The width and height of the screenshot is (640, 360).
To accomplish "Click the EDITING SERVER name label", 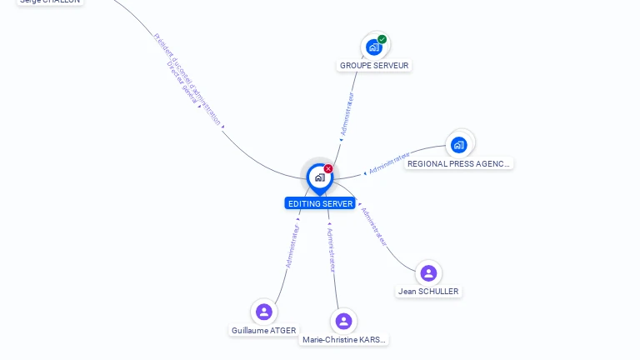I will pos(320,203).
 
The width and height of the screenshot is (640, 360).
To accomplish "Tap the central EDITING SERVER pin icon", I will pos(319,177).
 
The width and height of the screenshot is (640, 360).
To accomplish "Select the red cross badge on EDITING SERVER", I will pos(328,169).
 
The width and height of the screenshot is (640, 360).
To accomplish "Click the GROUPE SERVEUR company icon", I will pos(374,47).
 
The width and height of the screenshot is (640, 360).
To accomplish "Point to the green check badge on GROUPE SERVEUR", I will pos(382,39).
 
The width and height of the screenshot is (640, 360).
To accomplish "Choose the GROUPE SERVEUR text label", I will pos(375,65).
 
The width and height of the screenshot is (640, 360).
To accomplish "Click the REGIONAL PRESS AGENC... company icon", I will pos(459,145).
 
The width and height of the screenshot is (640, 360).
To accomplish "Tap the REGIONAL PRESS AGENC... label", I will pos(459,164).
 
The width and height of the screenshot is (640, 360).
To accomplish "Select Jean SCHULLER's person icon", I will pos(428,272).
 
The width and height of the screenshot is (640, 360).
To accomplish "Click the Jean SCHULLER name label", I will pos(428,292).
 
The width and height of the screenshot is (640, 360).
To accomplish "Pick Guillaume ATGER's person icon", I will pos(264,312).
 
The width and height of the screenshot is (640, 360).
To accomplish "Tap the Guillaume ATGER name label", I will pos(264,331).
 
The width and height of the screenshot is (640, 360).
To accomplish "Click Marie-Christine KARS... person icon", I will pos(343,321).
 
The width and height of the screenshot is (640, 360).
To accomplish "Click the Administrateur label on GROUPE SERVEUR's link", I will pos(347,114).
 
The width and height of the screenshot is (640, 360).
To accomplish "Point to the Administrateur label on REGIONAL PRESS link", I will pos(388,163).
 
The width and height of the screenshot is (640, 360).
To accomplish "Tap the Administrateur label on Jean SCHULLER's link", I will pos(375,227).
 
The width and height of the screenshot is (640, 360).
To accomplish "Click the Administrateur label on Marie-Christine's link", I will pos(332,249).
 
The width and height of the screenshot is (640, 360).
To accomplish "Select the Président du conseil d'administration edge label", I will pos(188,79).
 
